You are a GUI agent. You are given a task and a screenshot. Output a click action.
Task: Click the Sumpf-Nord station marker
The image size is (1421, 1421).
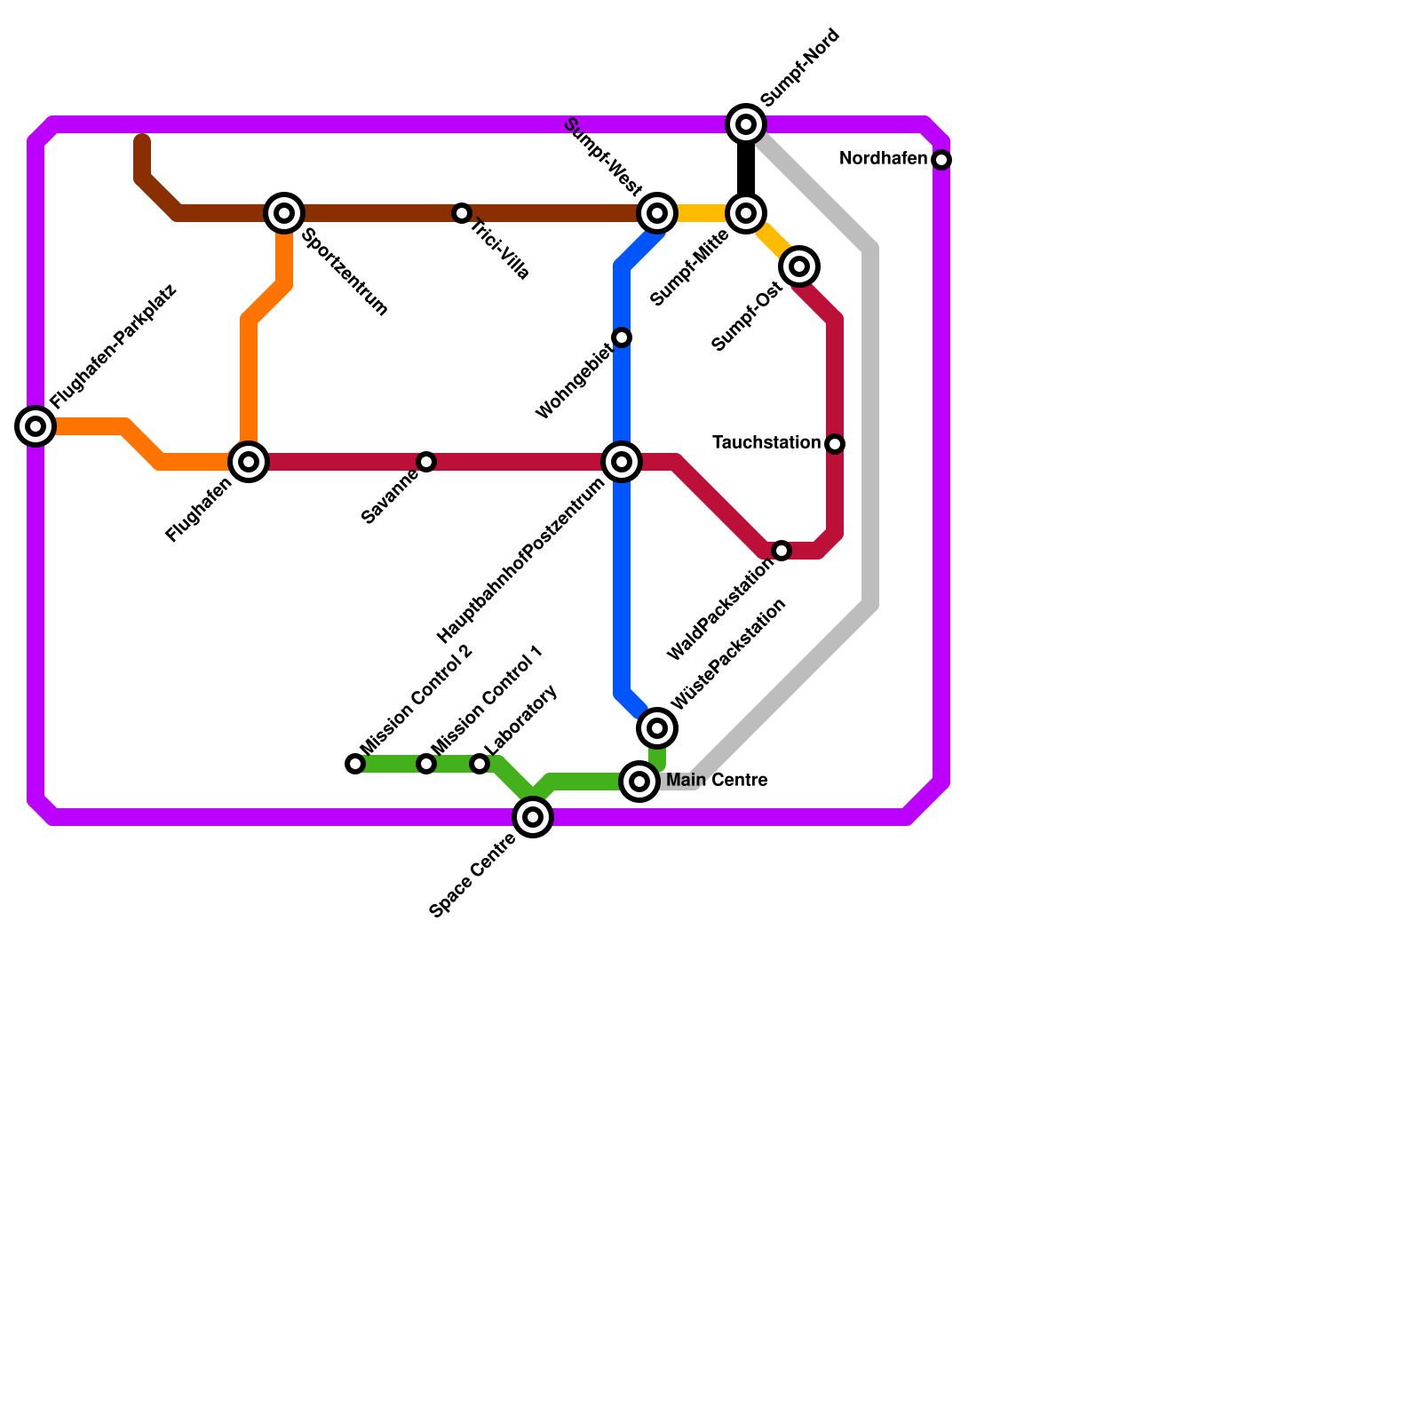[x=746, y=124]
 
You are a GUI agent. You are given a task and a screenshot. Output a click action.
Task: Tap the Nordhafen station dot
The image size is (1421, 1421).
[x=941, y=160]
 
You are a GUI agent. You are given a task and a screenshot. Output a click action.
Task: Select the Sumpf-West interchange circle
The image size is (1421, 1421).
[x=657, y=213]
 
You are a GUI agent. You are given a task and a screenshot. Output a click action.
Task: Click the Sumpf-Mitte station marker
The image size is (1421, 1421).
[x=746, y=213]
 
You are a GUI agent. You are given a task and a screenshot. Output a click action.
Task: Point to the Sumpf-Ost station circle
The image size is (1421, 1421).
[x=799, y=266]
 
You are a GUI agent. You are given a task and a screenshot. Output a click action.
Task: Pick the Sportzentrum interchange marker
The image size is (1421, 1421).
[x=284, y=213]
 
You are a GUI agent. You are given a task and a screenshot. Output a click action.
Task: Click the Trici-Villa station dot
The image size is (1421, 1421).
[x=462, y=213]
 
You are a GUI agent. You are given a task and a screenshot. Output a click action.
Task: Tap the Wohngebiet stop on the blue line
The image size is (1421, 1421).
[x=622, y=337]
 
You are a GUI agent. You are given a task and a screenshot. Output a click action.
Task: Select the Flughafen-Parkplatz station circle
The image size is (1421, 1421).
[x=36, y=426]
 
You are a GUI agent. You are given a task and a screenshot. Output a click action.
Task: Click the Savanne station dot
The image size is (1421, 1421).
[x=426, y=462]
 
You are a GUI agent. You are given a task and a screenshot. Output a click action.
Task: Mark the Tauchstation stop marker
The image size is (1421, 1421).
[x=835, y=444]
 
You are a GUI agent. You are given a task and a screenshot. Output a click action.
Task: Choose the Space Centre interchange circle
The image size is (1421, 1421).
[x=533, y=817]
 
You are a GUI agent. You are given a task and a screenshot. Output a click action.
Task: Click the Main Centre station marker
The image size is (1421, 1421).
[x=639, y=782]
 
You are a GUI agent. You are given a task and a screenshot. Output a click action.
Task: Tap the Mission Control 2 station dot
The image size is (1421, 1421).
[x=355, y=764]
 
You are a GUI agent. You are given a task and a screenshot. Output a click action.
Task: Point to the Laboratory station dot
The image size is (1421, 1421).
[x=480, y=764]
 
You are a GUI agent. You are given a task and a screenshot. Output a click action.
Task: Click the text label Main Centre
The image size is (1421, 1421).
[x=717, y=781]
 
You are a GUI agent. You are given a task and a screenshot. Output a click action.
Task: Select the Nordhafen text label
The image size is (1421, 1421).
[x=883, y=159]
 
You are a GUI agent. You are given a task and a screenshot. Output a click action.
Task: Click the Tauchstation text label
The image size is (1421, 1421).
[x=766, y=442]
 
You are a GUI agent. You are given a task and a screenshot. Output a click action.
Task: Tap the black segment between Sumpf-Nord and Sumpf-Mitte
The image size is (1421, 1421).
[x=746, y=169]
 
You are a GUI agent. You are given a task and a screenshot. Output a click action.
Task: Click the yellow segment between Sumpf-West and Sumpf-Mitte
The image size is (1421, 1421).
[x=702, y=213]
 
